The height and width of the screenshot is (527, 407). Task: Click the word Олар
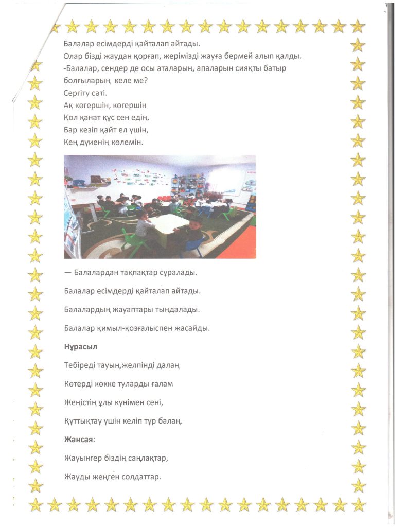coord(73,56)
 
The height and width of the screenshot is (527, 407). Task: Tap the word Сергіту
coord(79,93)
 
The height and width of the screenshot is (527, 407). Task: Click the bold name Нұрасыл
coord(80,347)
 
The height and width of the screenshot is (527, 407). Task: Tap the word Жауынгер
coord(82,458)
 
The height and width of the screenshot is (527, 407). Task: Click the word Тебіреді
coord(80,365)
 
